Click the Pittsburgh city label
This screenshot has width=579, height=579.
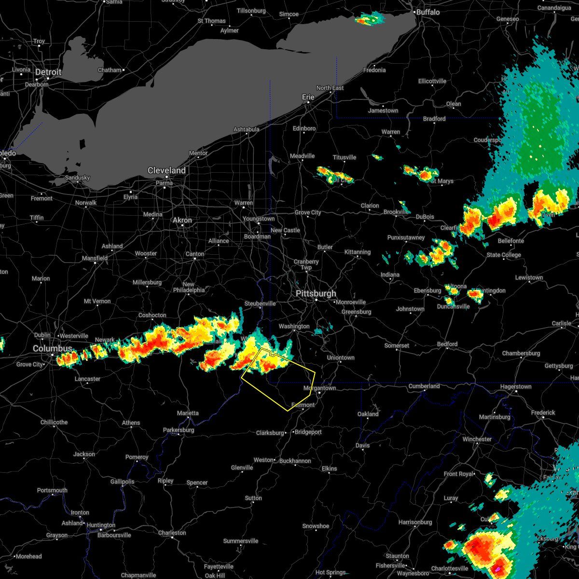316,294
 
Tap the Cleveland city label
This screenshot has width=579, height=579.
166,171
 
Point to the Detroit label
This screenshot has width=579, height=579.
48,72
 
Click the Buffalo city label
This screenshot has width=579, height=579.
427,12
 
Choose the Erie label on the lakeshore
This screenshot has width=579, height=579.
308,97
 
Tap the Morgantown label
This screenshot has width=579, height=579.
319,388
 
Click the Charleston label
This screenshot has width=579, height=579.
172,533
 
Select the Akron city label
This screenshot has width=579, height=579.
182,220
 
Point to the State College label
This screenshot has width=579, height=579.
504,255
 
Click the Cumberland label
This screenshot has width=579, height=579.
424,386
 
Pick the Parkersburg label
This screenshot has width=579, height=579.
179,430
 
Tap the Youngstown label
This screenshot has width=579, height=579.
259,219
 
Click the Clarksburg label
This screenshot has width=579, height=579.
270,433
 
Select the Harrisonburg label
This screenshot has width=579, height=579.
415,522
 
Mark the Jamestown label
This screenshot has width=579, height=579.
383,110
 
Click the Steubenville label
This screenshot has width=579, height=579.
260,303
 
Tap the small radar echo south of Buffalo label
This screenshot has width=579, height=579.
370,20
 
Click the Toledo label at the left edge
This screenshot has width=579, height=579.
7,153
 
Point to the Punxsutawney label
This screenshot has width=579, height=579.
406,237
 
